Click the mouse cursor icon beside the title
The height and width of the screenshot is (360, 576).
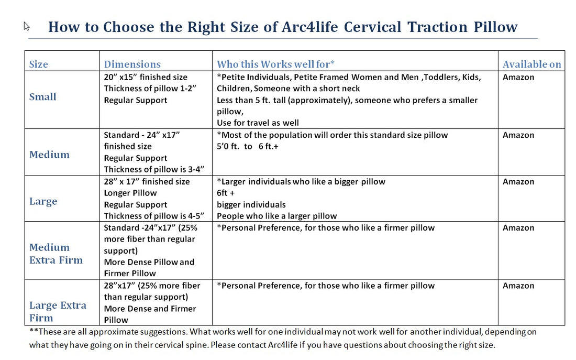(27, 26)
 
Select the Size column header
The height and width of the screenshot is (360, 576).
(39, 64)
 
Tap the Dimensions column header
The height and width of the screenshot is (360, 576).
(132, 64)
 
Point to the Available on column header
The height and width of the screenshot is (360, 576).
(531, 64)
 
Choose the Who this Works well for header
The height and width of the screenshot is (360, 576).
(275, 64)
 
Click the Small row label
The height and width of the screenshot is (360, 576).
(43, 97)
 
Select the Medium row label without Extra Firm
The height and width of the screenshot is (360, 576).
(49, 155)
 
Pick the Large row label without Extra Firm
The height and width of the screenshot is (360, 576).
(43, 201)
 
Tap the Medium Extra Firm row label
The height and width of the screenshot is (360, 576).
(56, 254)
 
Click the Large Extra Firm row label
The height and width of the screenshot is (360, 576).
(58, 311)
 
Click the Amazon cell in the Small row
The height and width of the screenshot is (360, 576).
(518, 77)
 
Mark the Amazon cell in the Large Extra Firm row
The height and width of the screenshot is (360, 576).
(518, 286)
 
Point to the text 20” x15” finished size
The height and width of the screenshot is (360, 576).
(146, 77)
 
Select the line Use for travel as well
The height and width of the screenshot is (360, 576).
(258, 123)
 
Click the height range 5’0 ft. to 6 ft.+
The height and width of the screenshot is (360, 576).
(248, 147)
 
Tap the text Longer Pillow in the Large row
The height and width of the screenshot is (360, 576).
(130, 193)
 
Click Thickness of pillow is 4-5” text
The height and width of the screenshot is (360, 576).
(153, 216)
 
